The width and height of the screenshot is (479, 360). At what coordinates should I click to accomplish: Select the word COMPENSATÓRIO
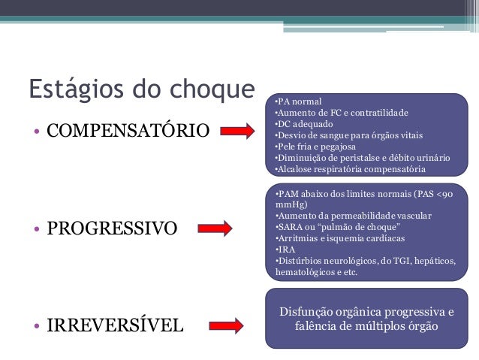[128, 132]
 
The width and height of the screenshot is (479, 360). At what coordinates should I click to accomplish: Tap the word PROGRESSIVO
[113, 228]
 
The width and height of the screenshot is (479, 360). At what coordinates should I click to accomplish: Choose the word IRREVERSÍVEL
[115, 325]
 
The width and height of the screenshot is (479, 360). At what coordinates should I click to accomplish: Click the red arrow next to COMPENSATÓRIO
[238, 132]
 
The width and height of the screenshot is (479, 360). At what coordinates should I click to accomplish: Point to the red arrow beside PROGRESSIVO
[216, 228]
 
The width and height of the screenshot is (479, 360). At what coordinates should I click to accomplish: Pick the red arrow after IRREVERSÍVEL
[226, 325]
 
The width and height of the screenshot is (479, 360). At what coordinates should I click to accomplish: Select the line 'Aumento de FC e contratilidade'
[341, 113]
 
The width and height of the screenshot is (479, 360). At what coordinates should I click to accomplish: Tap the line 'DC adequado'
[303, 124]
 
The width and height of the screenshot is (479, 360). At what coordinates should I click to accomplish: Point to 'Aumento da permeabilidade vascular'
[354, 215]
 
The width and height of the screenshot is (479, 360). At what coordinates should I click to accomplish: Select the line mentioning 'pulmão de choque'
[337, 226]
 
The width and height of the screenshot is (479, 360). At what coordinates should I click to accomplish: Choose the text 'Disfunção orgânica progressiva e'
[366, 311]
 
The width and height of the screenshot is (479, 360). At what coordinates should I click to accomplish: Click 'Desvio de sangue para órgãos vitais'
[348, 135]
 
